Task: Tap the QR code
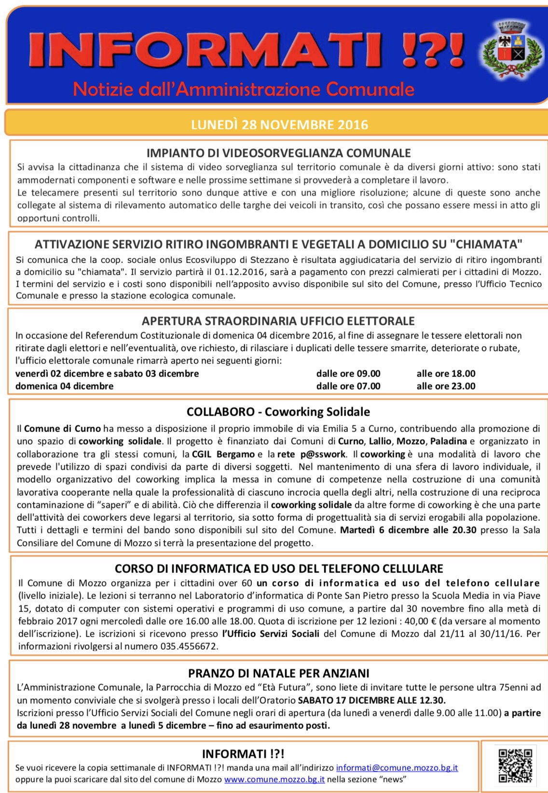[x=515, y=765]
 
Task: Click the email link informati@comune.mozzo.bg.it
[x=397, y=767]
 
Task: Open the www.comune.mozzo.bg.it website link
[x=274, y=779]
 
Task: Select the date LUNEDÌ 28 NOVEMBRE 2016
[x=279, y=125]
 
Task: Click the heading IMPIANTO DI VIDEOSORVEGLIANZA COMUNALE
[x=278, y=153]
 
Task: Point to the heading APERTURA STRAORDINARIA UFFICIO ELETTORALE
[x=278, y=321]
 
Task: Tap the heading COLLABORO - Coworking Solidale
[x=278, y=412]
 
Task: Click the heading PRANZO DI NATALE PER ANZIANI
[x=278, y=673]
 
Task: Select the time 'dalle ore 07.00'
[x=348, y=386]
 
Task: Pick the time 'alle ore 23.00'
[x=446, y=386]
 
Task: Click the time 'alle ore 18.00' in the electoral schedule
[x=446, y=374]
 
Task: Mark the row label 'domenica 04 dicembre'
[x=64, y=386]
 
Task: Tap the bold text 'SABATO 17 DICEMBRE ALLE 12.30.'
[x=371, y=700]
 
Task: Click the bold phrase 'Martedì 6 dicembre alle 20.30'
[x=408, y=530]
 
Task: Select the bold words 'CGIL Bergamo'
[x=223, y=454]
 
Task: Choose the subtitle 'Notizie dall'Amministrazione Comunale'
[x=244, y=89]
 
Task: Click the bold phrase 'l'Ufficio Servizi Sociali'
[x=271, y=634]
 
